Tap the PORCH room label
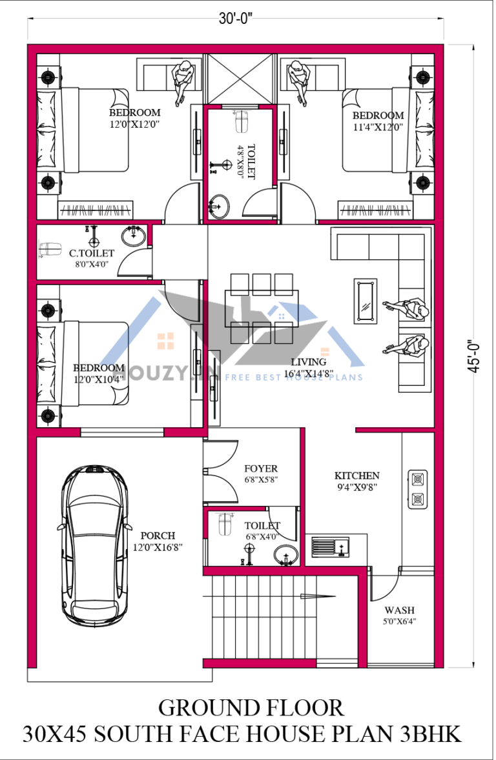pos(158,535)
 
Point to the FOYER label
pos(261,468)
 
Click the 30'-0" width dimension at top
pos(235,19)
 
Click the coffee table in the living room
pos(366,301)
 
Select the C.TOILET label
pos(92,254)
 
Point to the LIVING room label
pos(308,362)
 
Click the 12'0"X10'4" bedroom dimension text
pos(98,379)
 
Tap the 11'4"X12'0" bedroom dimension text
pos(378,127)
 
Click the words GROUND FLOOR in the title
pos(251,708)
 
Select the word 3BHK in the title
pos(426,734)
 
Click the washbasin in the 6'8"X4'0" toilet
pos(285,554)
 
